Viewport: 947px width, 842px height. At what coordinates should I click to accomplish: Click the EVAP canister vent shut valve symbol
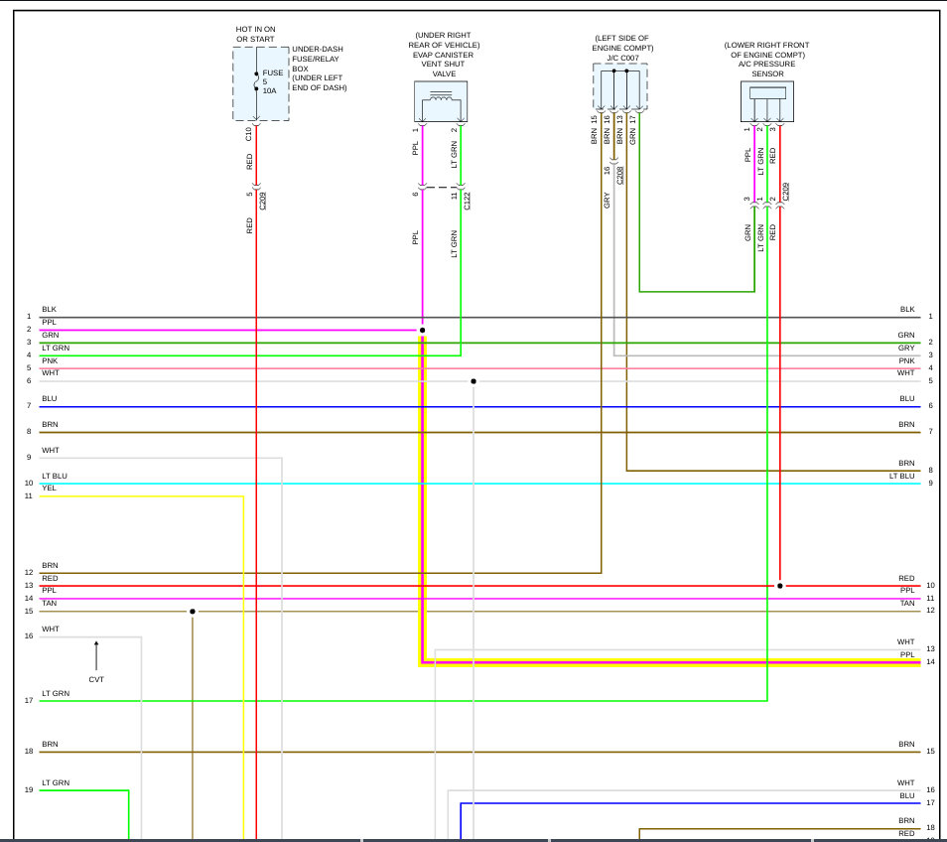[x=441, y=101]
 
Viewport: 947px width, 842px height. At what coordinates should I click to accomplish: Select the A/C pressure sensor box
[x=767, y=100]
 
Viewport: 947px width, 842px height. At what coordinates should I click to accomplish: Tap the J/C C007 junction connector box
[x=620, y=86]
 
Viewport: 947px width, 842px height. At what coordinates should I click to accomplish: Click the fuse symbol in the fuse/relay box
[x=257, y=81]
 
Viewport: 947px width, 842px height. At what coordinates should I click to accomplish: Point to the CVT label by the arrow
[x=96, y=679]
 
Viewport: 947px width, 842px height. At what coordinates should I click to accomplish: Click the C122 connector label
[x=468, y=199]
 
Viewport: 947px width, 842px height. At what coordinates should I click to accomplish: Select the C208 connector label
[x=620, y=175]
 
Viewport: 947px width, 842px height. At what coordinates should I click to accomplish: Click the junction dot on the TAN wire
[x=193, y=612]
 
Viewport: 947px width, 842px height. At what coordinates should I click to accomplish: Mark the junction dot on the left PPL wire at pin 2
[x=422, y=330]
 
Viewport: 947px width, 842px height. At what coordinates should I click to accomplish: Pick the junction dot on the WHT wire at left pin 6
[x=473, y=381]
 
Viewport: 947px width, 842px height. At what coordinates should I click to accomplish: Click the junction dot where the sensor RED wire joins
[x=780, y=586]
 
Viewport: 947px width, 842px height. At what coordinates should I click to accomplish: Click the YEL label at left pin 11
[x=49, y=489]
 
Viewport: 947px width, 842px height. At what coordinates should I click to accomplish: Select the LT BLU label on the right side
[x=901, y=477]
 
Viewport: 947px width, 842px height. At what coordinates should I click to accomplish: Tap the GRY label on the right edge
[x=906, y=349]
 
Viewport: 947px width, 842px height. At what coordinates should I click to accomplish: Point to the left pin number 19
[x=30, y=790]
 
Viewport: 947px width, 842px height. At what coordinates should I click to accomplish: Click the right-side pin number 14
[x=930, y=661]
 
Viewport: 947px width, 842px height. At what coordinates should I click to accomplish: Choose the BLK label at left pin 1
[x=49, y=310]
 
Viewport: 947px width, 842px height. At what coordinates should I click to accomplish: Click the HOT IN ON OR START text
[x=255, y=35]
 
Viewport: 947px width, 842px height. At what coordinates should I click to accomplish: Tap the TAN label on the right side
[x=907, y=604]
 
